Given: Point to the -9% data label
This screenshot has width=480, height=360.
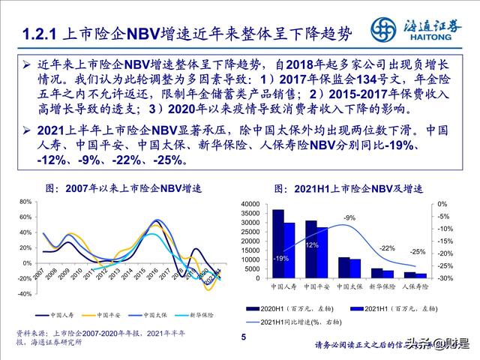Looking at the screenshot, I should pos(349,217).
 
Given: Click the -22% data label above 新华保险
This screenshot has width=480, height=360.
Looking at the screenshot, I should pos(386,247).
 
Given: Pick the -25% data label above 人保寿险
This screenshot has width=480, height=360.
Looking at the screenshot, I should pos(418,252).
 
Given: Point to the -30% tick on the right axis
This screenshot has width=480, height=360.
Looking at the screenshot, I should pos(443,278).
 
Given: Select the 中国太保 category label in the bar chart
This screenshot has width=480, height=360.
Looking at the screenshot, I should pos(350,286).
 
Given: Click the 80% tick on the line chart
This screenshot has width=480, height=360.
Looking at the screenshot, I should pos(26,202).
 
